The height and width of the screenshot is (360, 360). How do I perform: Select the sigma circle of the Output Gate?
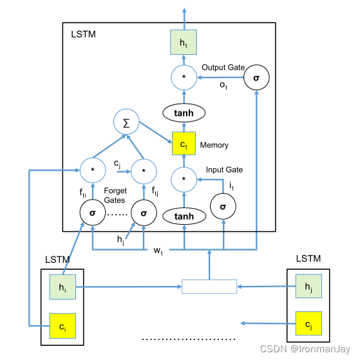tap(256, 78)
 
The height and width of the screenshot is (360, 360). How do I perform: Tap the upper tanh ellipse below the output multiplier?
tap(185, 113)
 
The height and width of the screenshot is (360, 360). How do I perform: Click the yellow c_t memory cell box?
tap(185, 144)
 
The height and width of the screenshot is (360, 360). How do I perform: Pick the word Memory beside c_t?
tap(214, 145)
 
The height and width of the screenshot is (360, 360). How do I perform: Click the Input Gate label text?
tap(224, 170)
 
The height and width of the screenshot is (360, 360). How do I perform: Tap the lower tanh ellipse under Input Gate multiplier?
tap(185, 216)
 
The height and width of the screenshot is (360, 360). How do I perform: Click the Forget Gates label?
tap(117, 194)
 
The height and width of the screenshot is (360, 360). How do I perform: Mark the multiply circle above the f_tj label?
tap(143, 172)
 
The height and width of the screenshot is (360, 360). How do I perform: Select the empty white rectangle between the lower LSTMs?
tap(209, 286)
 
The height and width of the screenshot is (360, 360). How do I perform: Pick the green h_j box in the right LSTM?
tap(308, 286)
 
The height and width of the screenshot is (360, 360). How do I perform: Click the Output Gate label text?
tap(223, 67)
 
